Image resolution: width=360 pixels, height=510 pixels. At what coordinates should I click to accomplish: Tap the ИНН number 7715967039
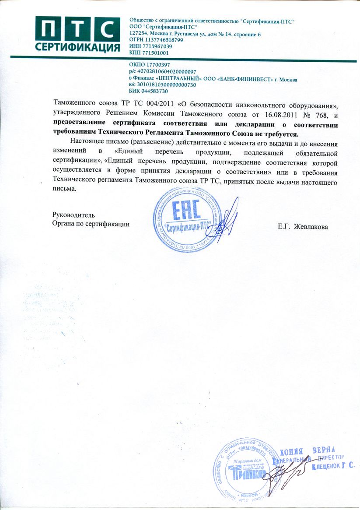click(157, 46)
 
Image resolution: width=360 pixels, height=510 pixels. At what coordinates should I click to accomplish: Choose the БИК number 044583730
click(154, 91)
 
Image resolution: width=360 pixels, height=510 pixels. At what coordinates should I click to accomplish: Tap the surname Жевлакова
click(311, 226)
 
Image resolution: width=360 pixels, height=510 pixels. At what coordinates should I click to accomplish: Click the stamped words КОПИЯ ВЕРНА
click(307, 451)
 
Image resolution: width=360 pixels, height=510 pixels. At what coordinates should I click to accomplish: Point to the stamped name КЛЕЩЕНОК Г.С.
click(332, 467)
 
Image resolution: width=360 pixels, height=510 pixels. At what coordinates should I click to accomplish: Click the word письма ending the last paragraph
click(64, 189)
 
